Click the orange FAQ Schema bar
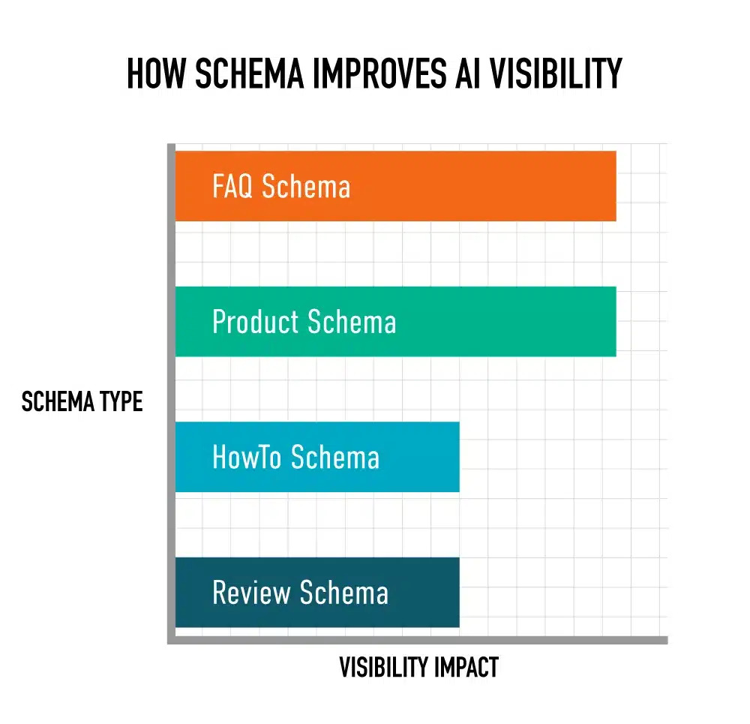[x=480, y=186]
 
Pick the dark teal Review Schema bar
[x=420, y=592]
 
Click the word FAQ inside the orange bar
[x=233, y=186]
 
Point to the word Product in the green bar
[x=256, y=322]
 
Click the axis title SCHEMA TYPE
[x=82, y=402]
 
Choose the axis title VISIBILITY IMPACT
[x=418, y=667]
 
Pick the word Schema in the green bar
[x=352, y=322]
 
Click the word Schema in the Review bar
[x=344, y=593]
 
